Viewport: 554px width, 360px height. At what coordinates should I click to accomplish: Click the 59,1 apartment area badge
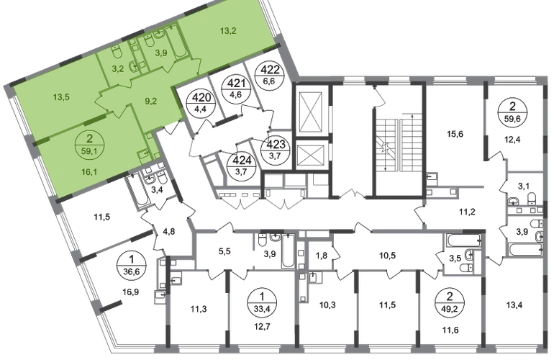(x=89, y=145)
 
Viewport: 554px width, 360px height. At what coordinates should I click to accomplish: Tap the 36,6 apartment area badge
(x=132, y=266)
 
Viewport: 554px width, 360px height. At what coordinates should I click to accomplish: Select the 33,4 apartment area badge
(x=261, y=301)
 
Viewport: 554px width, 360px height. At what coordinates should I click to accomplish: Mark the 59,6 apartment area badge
(x=512, y=112)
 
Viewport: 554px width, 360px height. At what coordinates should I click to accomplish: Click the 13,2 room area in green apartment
(x=228, y=31)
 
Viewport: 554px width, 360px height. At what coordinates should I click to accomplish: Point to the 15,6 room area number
(x=455, y=134)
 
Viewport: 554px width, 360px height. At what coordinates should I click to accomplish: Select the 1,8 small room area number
(x=322, y=256)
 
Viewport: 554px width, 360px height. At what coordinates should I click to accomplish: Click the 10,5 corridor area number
(x=387, y=256)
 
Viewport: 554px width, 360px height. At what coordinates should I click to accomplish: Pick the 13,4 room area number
(x=514, y=305)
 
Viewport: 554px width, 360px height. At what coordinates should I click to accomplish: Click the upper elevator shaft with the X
(x=311, y=109)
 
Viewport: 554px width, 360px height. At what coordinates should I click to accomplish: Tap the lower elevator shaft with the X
(x=311, y=155)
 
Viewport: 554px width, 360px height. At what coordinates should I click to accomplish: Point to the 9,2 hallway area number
(x=150, y=102)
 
